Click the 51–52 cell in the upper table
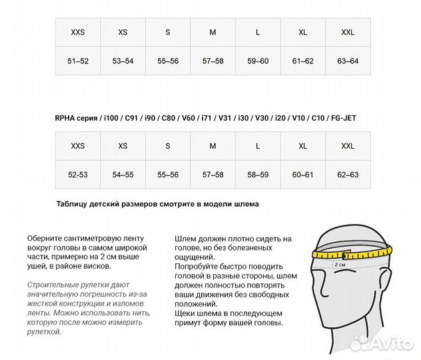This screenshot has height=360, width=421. tap(78, 61)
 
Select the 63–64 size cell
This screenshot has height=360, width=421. tap(348, 61)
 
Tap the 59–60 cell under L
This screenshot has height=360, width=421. tap(258, 61)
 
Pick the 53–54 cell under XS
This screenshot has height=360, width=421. tap(123, 61)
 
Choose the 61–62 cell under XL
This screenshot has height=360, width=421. tap(302, 61)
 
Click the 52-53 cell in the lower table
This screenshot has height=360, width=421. tap(78, 175)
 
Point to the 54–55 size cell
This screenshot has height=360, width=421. tap(123, 175)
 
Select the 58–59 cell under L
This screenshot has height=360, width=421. tap(258, 175)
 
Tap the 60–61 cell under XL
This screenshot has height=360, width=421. tap(302, 175)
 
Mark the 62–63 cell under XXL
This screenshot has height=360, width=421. tap(348, 175)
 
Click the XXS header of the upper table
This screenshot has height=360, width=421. tap(78, 32)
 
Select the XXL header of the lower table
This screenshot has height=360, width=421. tap(348, 146)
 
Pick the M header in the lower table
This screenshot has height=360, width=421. tap(212, 146)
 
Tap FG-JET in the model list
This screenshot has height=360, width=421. tap(340, 118)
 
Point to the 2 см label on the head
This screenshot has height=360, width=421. tap(340, 265)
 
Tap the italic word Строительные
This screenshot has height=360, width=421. tap(53, 285)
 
